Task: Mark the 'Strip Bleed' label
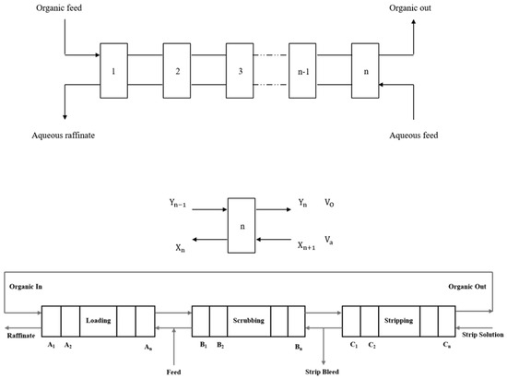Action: [x=325, y=373]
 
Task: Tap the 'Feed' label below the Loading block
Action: [x=174, y=373]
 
